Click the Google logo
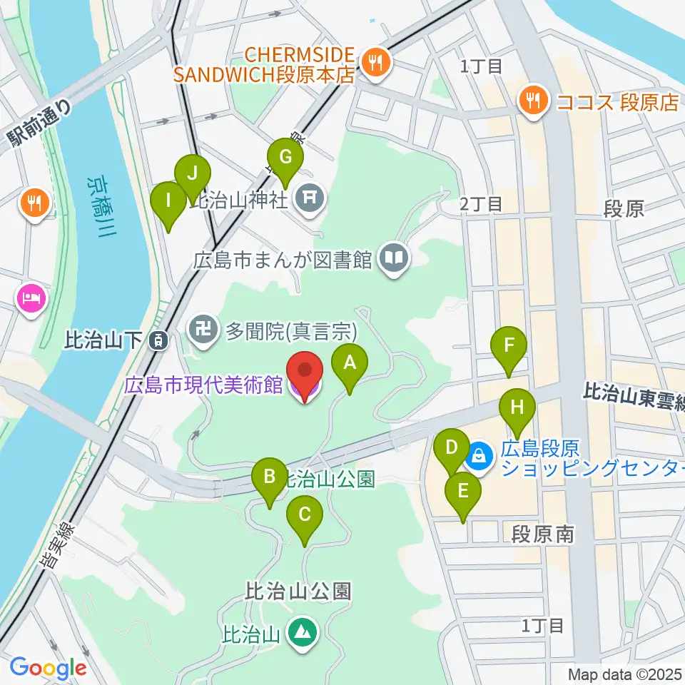point(48,667)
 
